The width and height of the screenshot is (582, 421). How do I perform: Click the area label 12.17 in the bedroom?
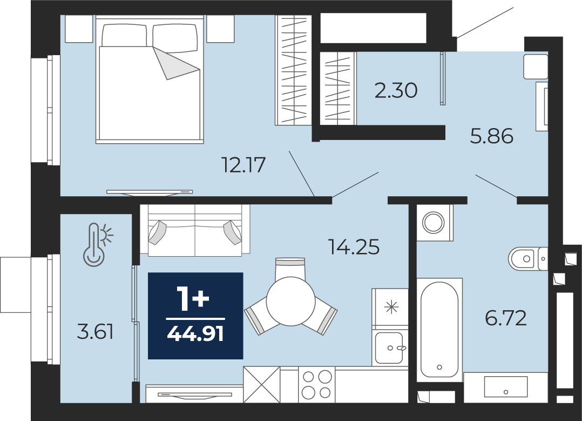pyautogui.click(x=243, y=165)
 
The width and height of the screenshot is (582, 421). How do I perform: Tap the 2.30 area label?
pyautogui.click(x=396, y=90)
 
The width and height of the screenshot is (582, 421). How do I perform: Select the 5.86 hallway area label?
pyautogui.click(x=492, y=136)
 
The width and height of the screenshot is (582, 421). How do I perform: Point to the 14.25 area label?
pyautogui.click(x=354, y=247)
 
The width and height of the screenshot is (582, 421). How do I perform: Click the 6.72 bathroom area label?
pyautogui.click(x=506, y=318)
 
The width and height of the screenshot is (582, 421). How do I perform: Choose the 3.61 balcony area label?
pyautogui.click(x=95, y=331)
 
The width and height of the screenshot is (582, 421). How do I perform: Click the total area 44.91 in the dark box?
pyautogui.click(x=195, y=334)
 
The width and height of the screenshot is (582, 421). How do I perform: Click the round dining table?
pyautogui.click(x=290, y=302)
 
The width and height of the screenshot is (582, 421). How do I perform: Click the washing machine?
pyautogui.click(x=434, y=223)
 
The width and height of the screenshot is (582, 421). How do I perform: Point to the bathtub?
pyautogui.click(x=439, y=329)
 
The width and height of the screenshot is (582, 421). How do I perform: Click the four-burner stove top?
pyautogui.click(x=316, y=385)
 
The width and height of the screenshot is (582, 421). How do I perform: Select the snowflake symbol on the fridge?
pyautogui.click(x=391, y=307)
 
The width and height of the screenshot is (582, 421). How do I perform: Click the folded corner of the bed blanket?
pyautogui.click(x=174, y=63)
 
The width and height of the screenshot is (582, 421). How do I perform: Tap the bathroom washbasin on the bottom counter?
pyautogui.click(x=505, y=387)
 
